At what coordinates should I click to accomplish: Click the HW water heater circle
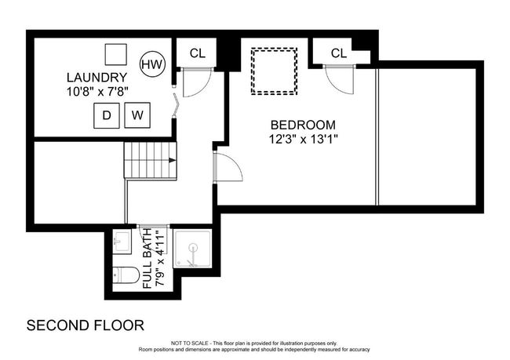click(x=152, y=64)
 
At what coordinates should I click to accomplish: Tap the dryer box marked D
click(x=107, y=115)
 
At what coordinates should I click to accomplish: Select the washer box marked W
click(x=137, y=115)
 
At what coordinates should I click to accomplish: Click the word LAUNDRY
click(x=97, y=78)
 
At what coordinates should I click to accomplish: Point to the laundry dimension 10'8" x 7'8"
click(x=97, y=92)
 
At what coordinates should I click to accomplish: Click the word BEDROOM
click(x=303, y=125)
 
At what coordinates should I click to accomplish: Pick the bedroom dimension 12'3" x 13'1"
click(x=303, y=139)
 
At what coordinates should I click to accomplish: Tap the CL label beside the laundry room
click(x=198, y=53)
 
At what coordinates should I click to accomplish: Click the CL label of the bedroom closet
click(x=339, y=53)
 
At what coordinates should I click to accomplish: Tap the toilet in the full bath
click(x=126, y=275)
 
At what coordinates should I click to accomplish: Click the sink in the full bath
click(x=122, y=242)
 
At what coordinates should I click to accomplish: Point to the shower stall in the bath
click(x=192, y=249)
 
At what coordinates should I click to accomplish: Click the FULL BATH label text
click(x=148, y=258)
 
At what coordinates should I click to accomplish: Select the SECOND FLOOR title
click(x=86, y=325)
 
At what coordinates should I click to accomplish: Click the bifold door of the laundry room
click(x=176, y=105)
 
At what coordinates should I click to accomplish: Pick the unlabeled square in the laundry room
click(x=116, y=55)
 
